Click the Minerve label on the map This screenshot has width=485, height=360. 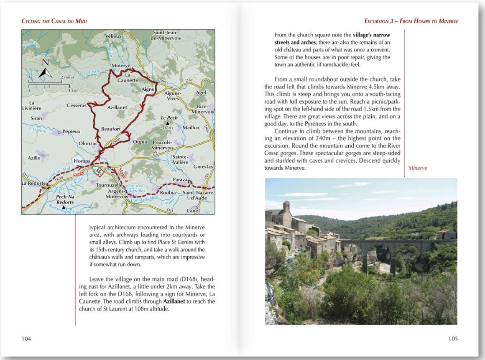pyautogui.click(x=121, y=66)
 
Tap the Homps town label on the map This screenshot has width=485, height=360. pyautogui.click(x=82, y=161)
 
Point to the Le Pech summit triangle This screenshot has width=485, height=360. pyautogui.click(x=168, y=123)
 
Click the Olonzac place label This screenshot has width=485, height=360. pyautogui.click(x=88, y=143)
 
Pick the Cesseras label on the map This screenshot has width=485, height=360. pyautogui.click(x=77, y=106)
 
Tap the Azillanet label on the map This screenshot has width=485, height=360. pyautogui.click(x=117, y=107)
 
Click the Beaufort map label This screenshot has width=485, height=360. pyautogui.click(x=111, y=129)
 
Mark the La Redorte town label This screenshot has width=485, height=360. pyautogui.click(x=34, y=183)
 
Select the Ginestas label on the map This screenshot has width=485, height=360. pyautogui.click(x=203, y=167)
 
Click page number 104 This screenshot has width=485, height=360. pyautogui.click(x=27, y=338)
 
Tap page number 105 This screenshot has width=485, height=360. pyautogui.click(x=453, y=338)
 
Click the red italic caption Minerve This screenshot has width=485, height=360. pyautogui.click(x=418, y=168)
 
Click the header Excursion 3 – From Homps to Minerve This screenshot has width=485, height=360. pyautogui.click(x=411, y=21)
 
